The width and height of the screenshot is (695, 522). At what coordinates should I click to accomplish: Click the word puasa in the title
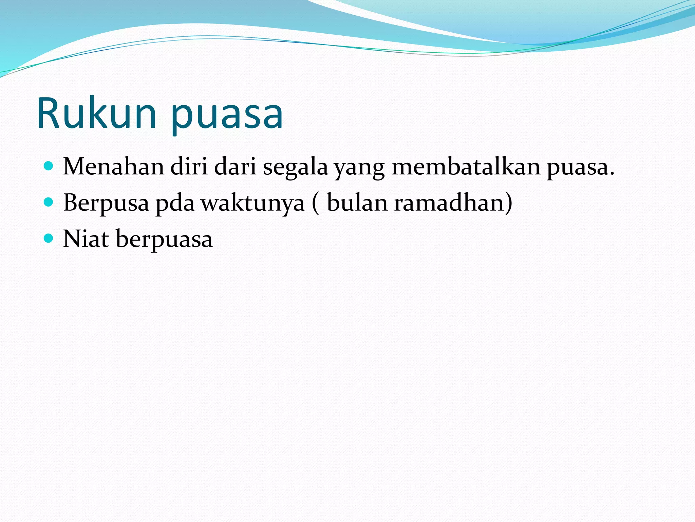pyautogui.click(x=227, y=116)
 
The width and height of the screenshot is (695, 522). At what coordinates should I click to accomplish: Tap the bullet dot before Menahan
pyautogui.click(x=49, y=166)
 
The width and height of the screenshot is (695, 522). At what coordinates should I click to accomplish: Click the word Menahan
pyautogui.click(x=114, y=167)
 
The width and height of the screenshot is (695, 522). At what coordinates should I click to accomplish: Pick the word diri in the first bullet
pyautogui.click(x=189, y=167)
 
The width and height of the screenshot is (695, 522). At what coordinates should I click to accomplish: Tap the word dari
pyautogui.click(x=235, y=167)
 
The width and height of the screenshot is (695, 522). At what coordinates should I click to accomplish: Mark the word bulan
pyautogui.click(x=357, y=203)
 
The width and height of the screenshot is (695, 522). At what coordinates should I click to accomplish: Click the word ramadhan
pyautogui.click(x=449, y=203)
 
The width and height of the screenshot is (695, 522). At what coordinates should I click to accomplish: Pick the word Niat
pyautogui.click(x=86, y=239)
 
